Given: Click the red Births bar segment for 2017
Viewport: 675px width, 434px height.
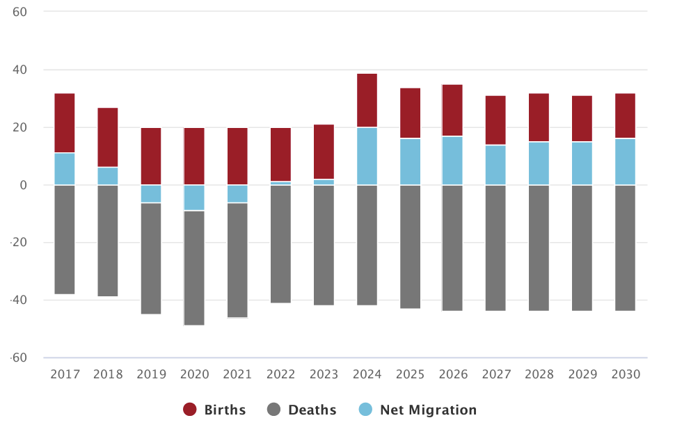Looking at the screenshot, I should coord(65,122).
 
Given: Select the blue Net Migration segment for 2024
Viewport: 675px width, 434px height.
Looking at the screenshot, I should coord(367,156).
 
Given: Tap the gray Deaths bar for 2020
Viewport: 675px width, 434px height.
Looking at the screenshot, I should coord(194,268).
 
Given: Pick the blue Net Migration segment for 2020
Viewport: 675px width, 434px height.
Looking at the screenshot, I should coord(194,198).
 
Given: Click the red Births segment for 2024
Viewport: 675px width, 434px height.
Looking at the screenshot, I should coord(367,100).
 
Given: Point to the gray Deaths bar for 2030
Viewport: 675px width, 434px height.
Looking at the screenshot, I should coord(625,248).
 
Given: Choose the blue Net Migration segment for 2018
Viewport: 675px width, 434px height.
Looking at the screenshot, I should coord(108,176).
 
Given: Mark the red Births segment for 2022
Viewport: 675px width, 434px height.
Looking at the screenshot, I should coord(281,154).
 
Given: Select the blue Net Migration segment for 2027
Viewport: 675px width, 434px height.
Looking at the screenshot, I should coord(495,165).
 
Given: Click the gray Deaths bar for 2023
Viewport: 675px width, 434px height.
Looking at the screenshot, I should coord(324,245).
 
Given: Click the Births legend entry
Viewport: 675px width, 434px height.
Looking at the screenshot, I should coord(215,410).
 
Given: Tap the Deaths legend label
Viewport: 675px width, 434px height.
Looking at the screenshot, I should coord(312,410).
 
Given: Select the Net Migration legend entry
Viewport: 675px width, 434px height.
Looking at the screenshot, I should coord(428,410).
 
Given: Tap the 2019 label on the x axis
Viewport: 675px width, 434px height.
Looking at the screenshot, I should coord(151,374).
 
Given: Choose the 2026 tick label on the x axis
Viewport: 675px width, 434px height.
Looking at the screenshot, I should coord(453,374).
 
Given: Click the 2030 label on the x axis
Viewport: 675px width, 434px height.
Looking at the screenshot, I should coord(626,374).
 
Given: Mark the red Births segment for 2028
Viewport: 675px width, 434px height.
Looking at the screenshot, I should coord(539,117).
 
